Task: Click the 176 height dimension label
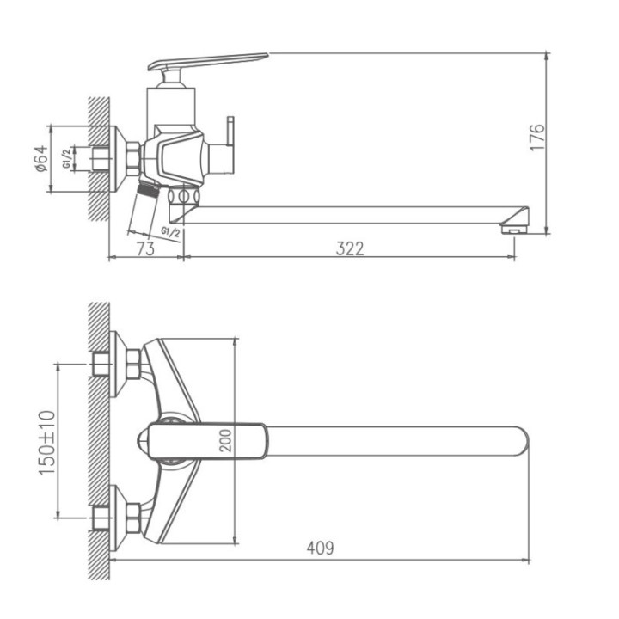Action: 537,137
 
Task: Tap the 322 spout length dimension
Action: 350,248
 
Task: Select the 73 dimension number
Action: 145,248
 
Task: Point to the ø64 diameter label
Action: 41,159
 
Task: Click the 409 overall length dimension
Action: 320,548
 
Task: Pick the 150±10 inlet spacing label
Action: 47,443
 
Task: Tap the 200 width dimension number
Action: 225,440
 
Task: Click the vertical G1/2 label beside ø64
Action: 67,158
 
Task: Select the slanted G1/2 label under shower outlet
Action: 170,232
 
